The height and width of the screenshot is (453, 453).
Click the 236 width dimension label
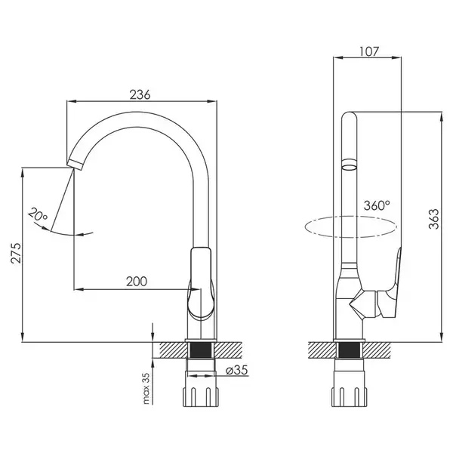coord(140,95)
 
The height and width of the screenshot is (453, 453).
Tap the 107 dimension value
coord(368,51)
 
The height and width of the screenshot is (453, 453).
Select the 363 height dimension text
coord(433,219)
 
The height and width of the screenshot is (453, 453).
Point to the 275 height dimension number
coord(16,253)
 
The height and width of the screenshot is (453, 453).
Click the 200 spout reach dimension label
coord(137,281)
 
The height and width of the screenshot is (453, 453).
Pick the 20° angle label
coord(38,214)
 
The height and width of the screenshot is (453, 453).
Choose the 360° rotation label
coord(377,205)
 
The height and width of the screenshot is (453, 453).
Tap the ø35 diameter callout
coord(236,370)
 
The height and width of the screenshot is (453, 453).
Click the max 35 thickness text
coord(146,388)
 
